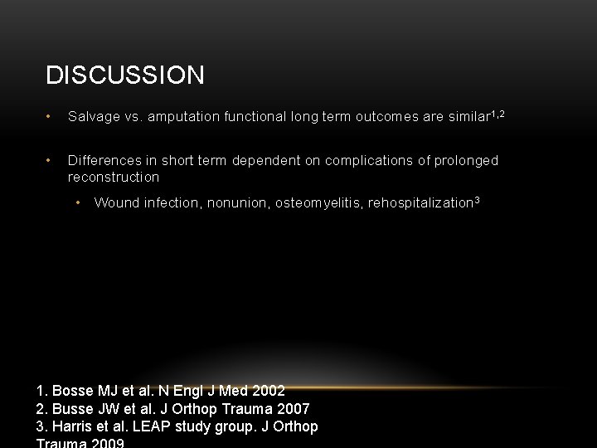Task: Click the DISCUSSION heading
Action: [x=125, y=75]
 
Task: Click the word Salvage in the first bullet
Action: [x=93, y=118]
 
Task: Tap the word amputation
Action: [x=185, y=118]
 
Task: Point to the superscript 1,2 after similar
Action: [x=499, y=114]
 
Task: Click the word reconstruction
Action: [x=114, y=177]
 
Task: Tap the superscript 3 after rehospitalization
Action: [x=478, y=199]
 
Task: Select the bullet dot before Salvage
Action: [x=51, y=118]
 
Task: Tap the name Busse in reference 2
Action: [x=72, y=408]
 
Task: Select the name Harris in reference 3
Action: [x=72, y=426]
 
